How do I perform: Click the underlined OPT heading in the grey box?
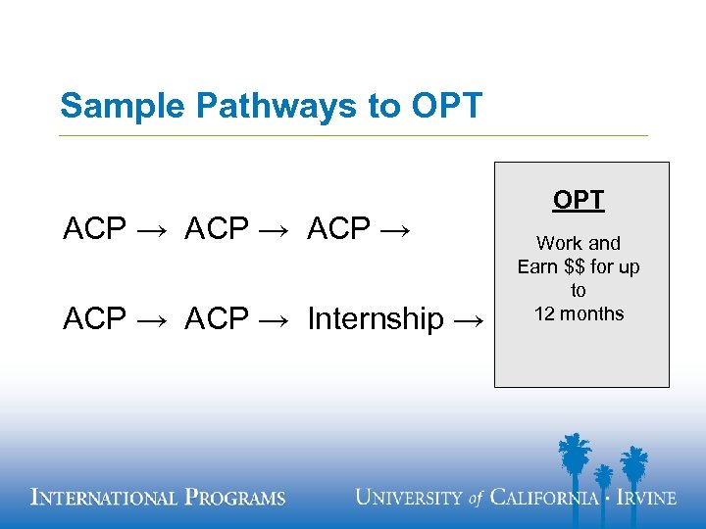tap(579, 200)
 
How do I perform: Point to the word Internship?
tap(376, 318)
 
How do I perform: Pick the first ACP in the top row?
tap(95, 229)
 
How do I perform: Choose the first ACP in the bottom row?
tap(95, 318)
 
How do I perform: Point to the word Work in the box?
tap(558, 243)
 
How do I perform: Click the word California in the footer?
tap(544, 498)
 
